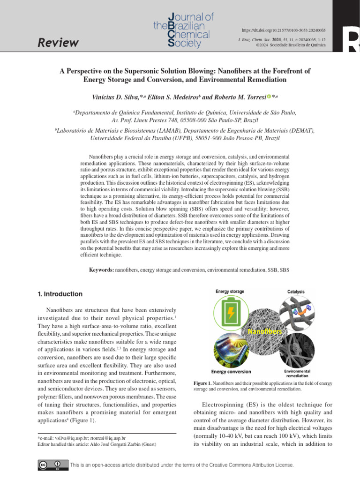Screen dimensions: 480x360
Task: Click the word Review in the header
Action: pyautogui.click(x=58, y=43)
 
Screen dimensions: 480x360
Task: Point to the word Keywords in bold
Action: pyautogui.click(x=101, y=270)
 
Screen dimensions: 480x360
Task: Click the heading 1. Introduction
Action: pyautogui.click(x=60, y=294)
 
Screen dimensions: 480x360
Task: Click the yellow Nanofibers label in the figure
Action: pyautogui.click(x=265, y=331)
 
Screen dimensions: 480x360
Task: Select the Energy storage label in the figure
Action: pyautogui.click(x=230, y=292)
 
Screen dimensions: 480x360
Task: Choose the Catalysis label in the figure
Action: pyautogui.click(x=295, y=292)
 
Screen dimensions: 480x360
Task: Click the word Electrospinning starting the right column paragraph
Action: pyautogui.click(x=223, y=404)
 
